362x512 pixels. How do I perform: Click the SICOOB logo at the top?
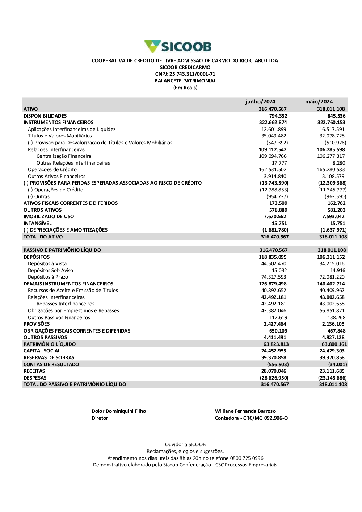coord(178,46)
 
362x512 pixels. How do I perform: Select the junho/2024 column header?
coord(260,102)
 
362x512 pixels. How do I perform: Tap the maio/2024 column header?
coord(319,102)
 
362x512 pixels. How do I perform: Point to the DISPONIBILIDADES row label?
coord(45,116)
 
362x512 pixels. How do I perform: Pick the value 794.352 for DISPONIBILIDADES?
coord(278,116)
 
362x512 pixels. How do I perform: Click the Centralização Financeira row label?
coord(64,156)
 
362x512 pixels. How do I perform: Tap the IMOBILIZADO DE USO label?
coord(49,216)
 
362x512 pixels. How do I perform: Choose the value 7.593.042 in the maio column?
coord(333,216)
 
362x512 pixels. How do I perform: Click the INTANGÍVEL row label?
coord(38,223)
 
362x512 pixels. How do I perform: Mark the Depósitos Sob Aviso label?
coord(50,270)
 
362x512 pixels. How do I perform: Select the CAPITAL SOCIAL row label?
coord(42,351)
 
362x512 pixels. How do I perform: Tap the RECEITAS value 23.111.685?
coord(332,371)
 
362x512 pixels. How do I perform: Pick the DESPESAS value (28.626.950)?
coord(274,378)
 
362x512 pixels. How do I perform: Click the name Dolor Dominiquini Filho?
coord(119,411)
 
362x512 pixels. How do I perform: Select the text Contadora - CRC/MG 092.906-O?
coord(251,418)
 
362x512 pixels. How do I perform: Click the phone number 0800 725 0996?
coord(247,458)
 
